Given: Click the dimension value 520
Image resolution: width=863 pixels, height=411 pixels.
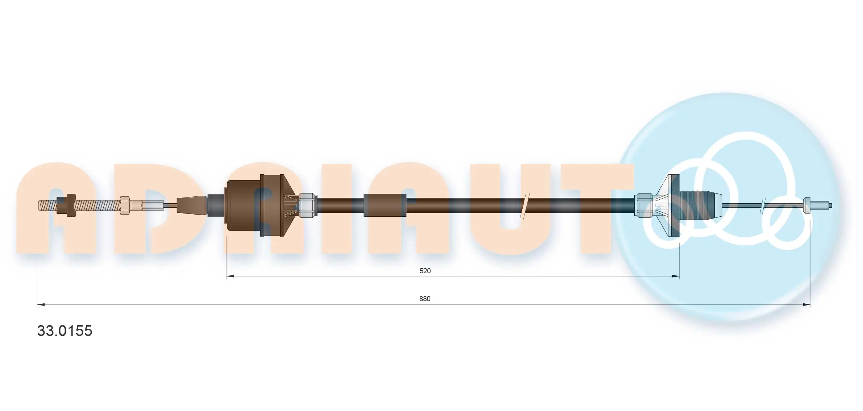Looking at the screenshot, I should click(425, 271).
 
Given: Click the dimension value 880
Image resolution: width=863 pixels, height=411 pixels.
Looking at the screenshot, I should click(425, 299).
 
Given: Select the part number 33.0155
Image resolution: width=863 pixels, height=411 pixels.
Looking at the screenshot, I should click(65, 331).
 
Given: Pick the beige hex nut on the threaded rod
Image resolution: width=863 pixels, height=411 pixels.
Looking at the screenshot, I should click(124, 205).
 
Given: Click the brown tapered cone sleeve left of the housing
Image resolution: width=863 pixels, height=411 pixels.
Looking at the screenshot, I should click(192, 205).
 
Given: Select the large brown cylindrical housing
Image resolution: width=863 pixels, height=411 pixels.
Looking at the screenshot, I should click(243, 205).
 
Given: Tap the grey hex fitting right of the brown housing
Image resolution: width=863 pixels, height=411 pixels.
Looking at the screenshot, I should click(307, 205).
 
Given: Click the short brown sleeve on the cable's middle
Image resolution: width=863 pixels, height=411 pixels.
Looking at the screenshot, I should click(385, 205).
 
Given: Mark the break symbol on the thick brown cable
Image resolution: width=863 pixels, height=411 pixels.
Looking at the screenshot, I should click(524, 205).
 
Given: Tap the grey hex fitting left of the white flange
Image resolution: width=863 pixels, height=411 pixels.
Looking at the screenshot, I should click(644, 205).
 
